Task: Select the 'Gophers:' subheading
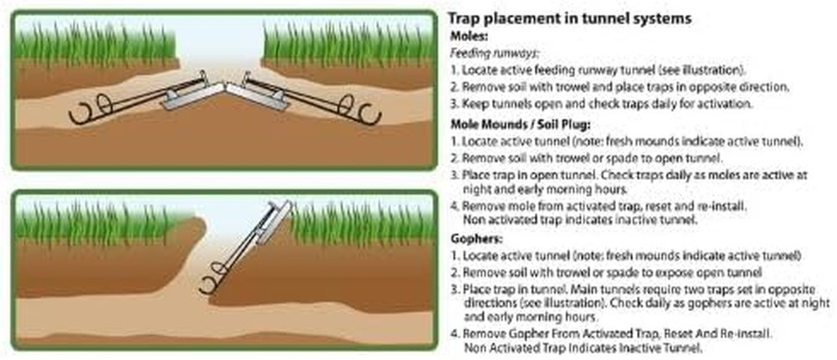[475, 239]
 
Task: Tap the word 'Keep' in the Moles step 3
[475, 104]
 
